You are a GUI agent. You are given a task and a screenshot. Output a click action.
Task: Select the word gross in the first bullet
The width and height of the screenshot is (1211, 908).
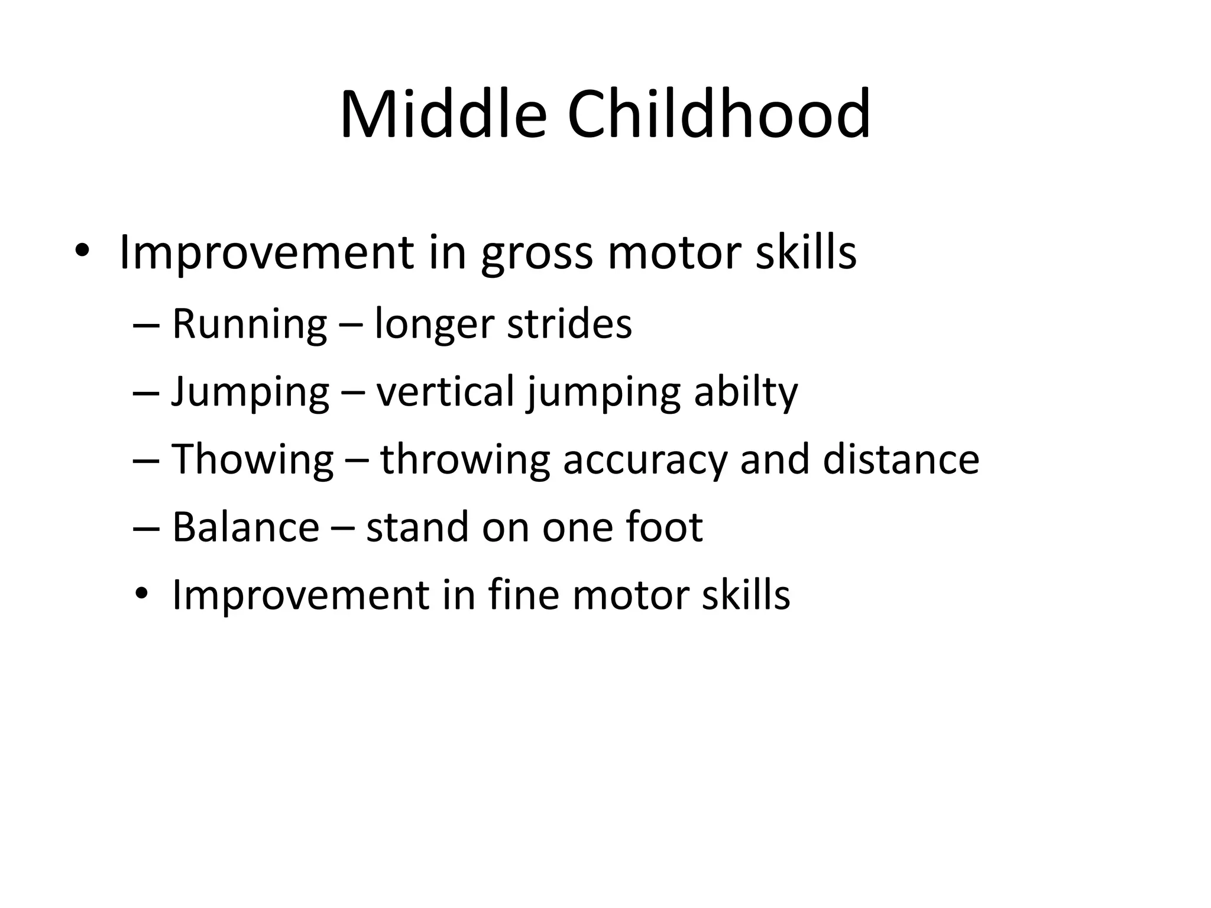pos(536,253)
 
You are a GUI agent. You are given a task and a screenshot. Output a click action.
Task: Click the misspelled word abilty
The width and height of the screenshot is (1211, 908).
pos(746,393)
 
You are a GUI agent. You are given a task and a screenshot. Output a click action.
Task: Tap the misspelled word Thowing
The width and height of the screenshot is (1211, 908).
pos(252,460)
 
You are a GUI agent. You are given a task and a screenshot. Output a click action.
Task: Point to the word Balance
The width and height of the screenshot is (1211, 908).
pos(245,527)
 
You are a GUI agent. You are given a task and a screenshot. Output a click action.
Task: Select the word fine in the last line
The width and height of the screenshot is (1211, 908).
pos(523,595)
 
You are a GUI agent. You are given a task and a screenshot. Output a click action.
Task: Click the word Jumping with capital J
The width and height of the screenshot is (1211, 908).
pos(250,393)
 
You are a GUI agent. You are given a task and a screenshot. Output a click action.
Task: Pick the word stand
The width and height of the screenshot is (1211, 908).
pos(417,527)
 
